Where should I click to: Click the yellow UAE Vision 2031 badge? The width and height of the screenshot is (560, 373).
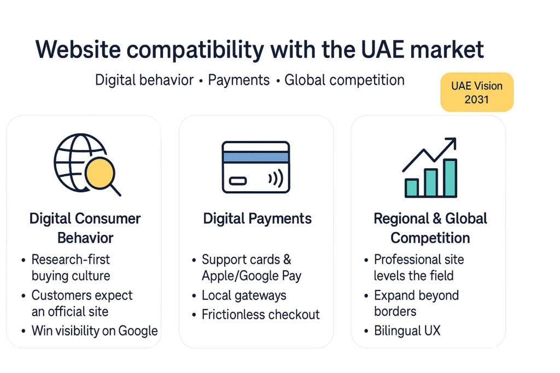coord(477,92)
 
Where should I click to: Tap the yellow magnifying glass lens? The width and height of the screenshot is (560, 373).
coord(100,173)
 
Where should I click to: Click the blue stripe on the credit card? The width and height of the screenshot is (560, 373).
coord(256,157)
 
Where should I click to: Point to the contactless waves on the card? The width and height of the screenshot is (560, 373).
coord(276,178)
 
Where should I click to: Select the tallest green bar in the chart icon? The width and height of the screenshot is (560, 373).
coord(450,177)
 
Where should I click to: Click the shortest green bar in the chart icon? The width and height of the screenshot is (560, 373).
coord(411,187)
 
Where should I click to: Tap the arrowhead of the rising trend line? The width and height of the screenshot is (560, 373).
coord(451,143)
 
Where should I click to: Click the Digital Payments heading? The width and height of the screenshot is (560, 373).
coord(257,218)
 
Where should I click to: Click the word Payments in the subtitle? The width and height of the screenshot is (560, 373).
coord(238,80)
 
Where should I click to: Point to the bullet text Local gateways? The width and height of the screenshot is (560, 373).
coord(244,295)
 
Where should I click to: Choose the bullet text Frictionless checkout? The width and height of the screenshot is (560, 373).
coord(261,315)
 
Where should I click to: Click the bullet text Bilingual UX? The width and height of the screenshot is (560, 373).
coord(407,331)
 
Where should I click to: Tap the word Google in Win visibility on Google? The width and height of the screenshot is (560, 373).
coord(138,331)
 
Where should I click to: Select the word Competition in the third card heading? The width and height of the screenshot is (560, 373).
coord(430,238)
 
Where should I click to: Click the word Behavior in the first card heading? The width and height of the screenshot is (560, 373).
coord(85,238)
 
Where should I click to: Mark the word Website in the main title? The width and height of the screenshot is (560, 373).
coord(78,49)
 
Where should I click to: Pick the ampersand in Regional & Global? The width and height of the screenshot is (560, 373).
coord(436,218)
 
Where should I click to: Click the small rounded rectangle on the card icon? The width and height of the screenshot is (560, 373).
coord(238,181)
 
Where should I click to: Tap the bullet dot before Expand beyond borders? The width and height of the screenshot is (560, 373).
coord(366,296)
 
